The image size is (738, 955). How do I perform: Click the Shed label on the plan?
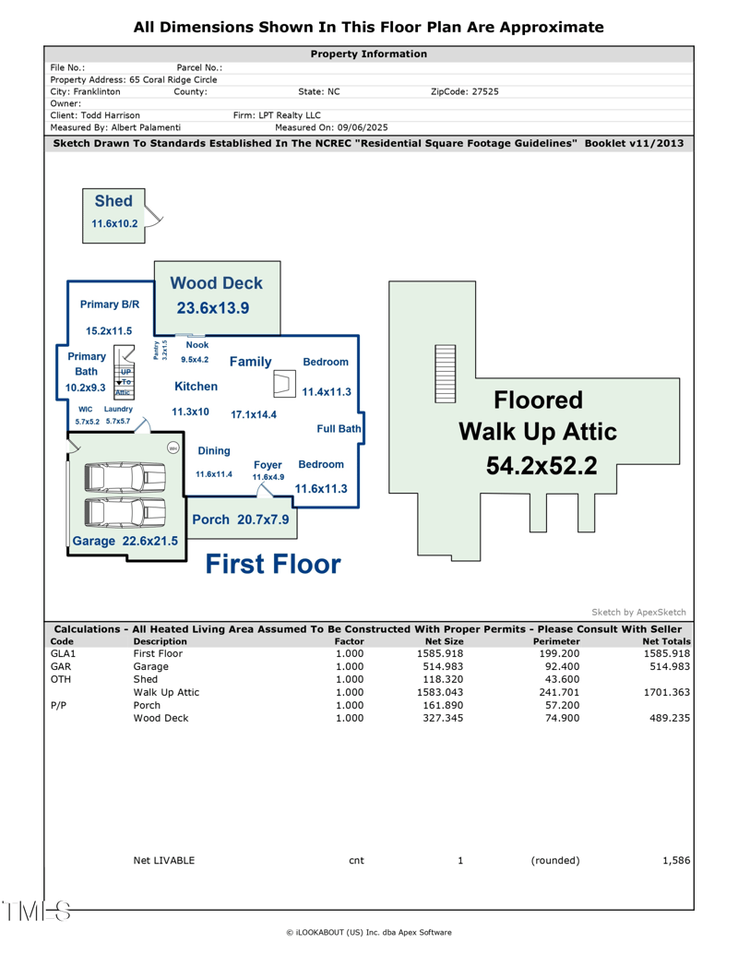tap(113, 201)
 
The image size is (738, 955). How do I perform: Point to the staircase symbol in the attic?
tap(446, 373)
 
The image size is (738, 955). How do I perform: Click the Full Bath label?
tap(339, 429)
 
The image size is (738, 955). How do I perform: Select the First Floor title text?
tap(272, 564)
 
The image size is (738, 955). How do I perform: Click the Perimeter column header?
tap(556, 641)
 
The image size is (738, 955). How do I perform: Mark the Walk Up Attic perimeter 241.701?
tap(556, 691)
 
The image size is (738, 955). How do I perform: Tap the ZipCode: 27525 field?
tap(465, 92)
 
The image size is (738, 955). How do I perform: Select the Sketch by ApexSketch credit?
tap(638, 612)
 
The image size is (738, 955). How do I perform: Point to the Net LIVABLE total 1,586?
tap(676, 860)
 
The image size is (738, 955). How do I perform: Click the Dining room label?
tap(214, 451)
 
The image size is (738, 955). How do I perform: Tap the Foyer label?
tap(268, 465)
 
